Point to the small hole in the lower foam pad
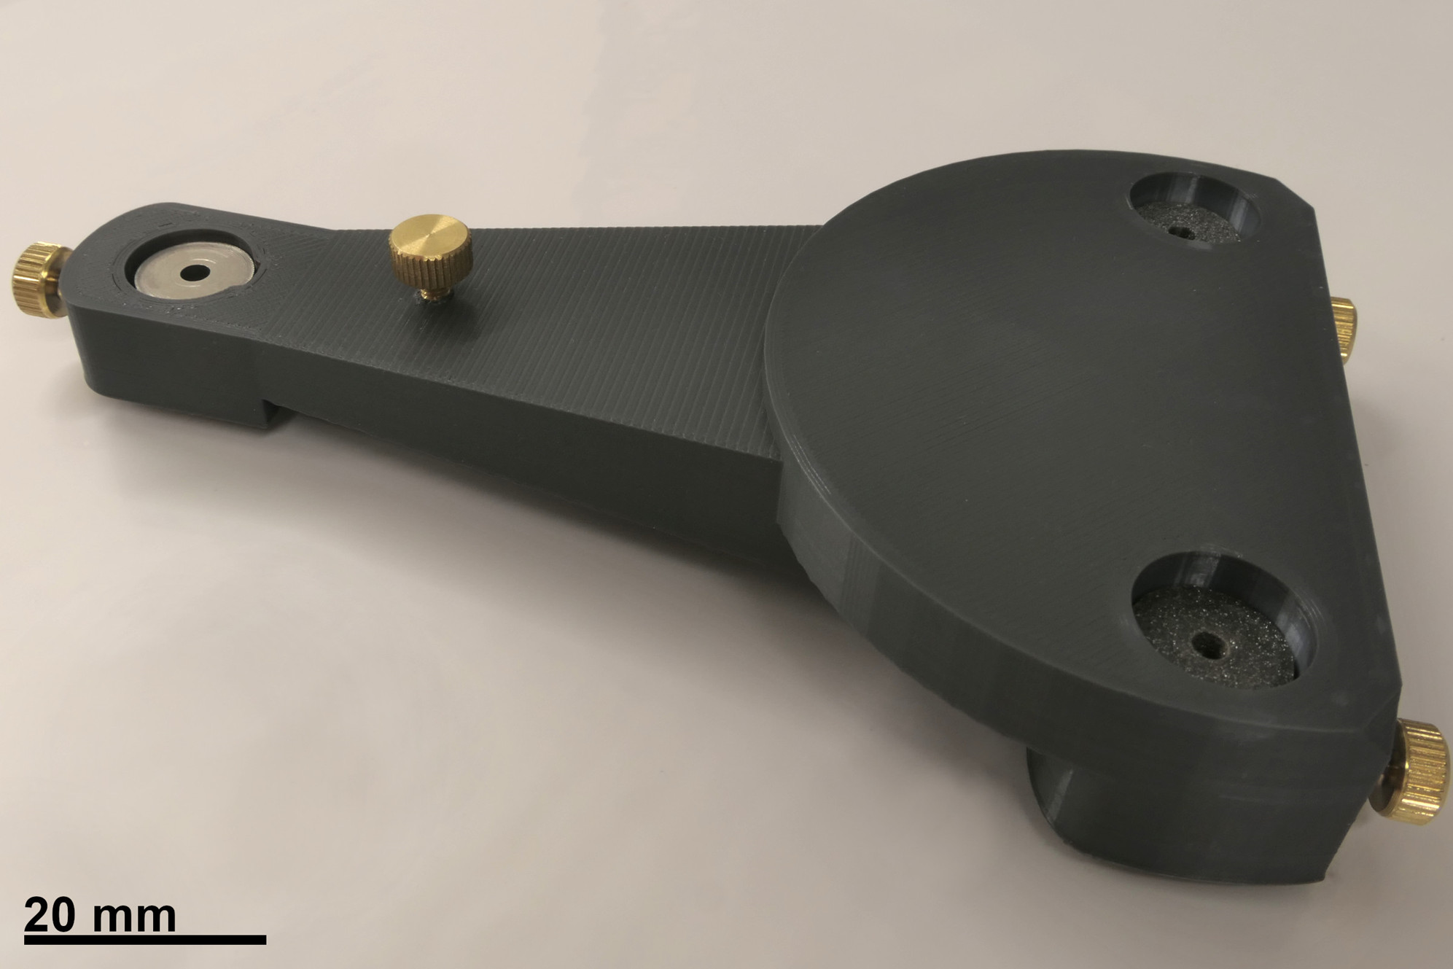click(x=1212, y=642)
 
